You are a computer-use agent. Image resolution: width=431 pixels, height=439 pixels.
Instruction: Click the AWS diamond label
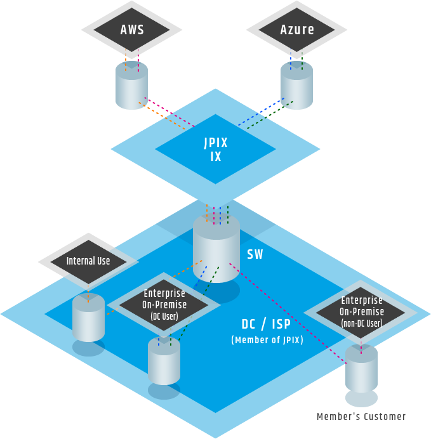[x=132, y=29]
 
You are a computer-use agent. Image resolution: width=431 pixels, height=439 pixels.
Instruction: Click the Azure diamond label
[x=297, y=29]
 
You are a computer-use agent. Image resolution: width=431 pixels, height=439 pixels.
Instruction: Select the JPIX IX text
[x=216, y=150]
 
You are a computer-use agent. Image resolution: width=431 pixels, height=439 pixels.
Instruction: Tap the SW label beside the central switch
[x=255, y=254]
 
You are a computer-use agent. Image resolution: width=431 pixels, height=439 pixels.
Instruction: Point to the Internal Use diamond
[x=88, y=261]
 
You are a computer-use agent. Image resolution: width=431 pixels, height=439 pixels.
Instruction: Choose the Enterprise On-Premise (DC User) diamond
[x=164, y=304]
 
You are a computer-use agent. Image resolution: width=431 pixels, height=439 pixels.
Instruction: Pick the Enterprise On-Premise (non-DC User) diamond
[x=361, y=311]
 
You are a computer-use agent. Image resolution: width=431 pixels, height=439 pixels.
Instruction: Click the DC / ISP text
[x=267, y=324]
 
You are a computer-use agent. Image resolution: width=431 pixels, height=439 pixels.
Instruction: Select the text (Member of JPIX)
[x=267, y=340]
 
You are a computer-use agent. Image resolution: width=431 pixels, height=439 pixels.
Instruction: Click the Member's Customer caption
[x=361, y=416]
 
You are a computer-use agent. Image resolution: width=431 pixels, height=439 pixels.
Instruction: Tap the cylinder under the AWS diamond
[x=131, y=85]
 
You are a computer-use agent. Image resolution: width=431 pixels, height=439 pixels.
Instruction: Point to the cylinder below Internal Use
[x=88, y=317]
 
